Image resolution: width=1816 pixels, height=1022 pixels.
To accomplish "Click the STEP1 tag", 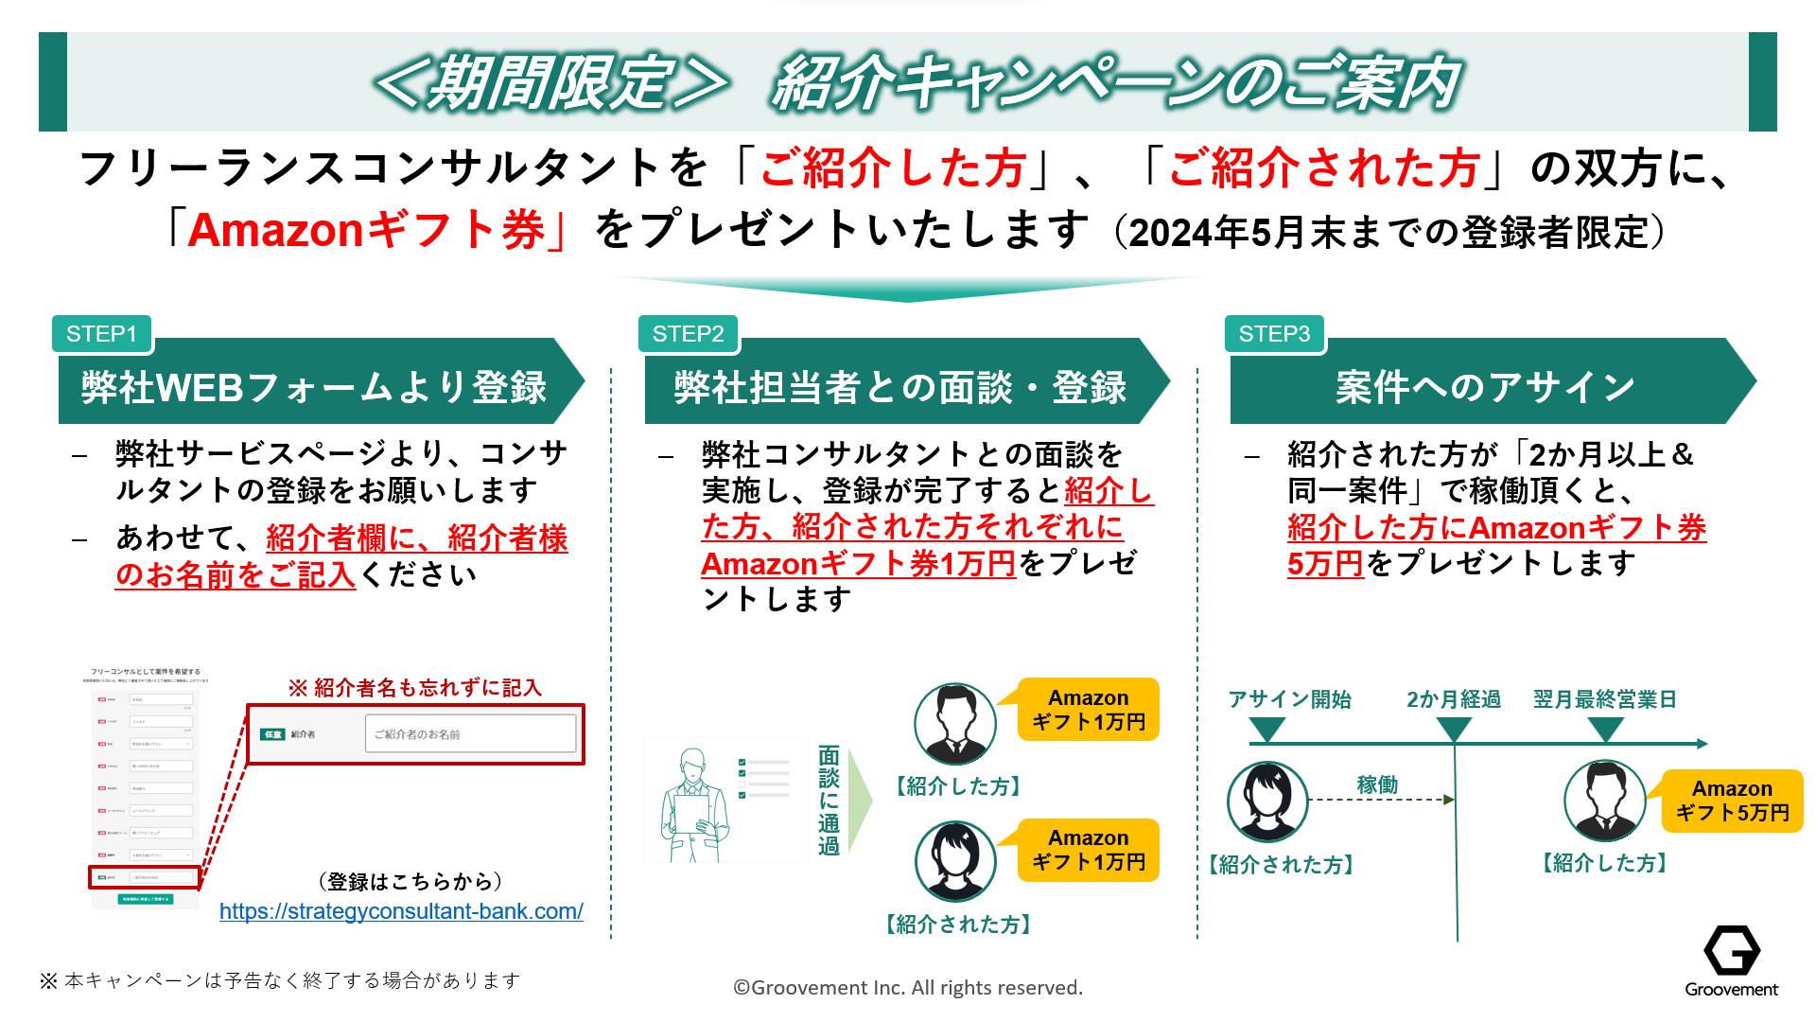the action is pos(102,334).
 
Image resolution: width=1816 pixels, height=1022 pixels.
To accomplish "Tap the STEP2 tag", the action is pos(688,334).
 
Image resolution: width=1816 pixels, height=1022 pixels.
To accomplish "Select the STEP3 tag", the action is pos(1274,334).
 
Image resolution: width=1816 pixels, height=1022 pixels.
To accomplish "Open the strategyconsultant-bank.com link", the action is pos(401,911).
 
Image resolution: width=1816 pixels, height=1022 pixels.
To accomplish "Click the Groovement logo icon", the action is pos(1731,950).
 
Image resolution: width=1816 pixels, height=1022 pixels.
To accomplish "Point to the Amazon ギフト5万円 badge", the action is pos(1732,801).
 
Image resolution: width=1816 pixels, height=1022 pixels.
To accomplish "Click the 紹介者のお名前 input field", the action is pos(470,733).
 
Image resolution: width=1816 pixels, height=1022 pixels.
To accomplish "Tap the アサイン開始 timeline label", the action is pos(1289,699).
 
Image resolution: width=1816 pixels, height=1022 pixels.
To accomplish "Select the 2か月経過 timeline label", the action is pos(1453,699).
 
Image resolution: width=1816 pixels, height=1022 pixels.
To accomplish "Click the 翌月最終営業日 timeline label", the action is pos(1605,699).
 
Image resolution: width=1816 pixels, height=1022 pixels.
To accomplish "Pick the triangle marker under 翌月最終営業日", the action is pos(1605,729).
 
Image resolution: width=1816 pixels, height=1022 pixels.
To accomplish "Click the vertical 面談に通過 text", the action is pos(829,801).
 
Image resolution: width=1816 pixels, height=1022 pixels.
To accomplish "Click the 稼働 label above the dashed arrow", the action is pos(1377,784).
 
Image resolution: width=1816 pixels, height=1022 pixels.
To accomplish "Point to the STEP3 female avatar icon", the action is pos(1267,802).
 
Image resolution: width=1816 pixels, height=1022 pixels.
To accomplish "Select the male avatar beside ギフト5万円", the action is pos(1605,801).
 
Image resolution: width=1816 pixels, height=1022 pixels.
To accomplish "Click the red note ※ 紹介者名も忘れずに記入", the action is pos(415,688).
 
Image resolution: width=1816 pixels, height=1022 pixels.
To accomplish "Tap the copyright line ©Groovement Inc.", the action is pos(908,988).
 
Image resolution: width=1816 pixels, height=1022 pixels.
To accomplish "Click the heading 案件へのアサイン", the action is pos(1485,387).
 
